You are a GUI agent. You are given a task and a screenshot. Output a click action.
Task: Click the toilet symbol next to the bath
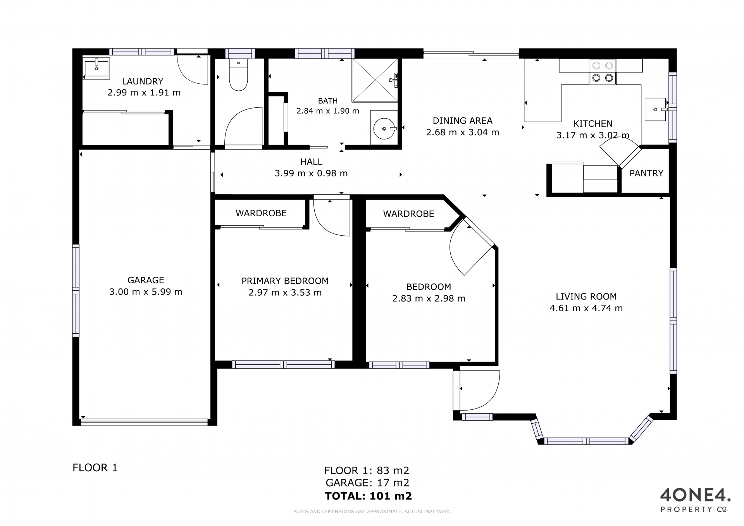[x=238, y=75]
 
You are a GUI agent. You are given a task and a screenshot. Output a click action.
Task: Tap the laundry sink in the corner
[x=96, y=69]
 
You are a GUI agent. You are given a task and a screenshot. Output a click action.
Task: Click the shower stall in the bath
[x=375, y=80]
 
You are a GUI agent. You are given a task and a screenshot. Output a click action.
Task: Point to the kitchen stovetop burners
[x=603, y=72]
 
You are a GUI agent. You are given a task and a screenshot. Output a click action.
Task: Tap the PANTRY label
[x=646, y=173]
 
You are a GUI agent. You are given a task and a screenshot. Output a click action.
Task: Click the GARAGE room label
[x=146, y=280]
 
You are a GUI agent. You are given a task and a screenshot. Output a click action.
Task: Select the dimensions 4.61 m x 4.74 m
[x=586, y=308]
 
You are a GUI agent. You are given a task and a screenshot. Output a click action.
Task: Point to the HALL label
[x=311, y=162]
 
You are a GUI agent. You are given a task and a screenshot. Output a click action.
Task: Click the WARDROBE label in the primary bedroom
[x=261, y=213]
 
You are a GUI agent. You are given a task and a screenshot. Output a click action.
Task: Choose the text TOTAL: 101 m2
[x=369, y=496]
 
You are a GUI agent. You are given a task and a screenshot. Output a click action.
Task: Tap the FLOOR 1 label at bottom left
[x=95, y=467]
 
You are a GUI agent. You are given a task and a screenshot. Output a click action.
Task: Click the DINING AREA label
[x=462, y=121]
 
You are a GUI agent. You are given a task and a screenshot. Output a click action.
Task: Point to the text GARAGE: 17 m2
[x=367, y=483]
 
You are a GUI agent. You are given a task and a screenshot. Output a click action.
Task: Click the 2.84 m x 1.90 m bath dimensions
[x=328, y=111]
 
